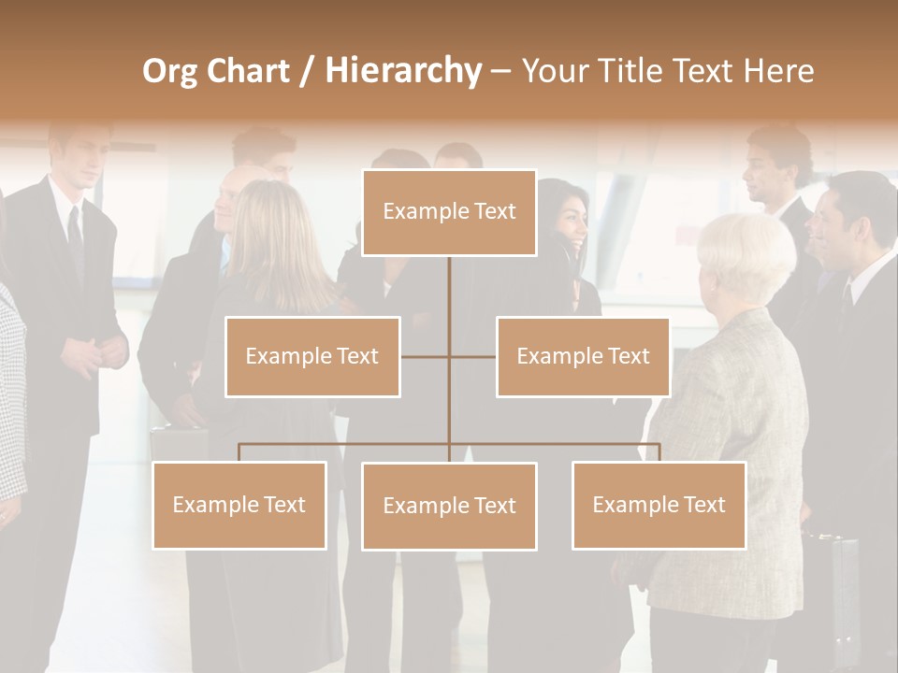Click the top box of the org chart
(449, 212)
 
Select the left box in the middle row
(312, 356)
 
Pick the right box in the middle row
(583, 356)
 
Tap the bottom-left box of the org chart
(239, 505)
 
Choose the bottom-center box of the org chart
(449, 506)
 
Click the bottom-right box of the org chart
(659, 505)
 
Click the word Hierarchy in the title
(402, 70)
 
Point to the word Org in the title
(170, 70)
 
